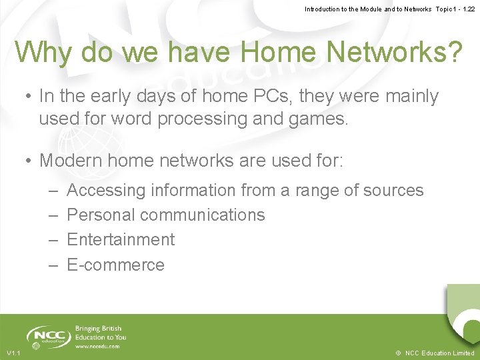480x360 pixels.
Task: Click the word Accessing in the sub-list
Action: tap(106, 191)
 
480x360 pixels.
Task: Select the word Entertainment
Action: tap(121, 239)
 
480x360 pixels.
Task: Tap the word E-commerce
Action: tap(115, 265)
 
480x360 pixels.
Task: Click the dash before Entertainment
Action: tap(54, 239)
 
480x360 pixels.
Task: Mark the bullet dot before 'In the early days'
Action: tap(29, 97)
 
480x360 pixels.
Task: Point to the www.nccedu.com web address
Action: tap(97, 346)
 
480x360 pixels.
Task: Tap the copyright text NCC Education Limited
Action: tap(439, 353)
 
